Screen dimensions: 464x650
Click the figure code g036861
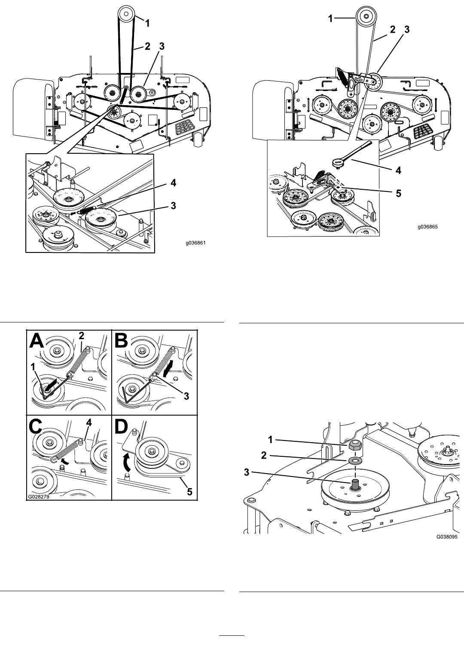click(196, 243)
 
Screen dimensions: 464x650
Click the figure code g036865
click(428, 227)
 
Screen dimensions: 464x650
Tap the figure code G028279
click(39, 496)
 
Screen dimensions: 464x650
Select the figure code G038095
click(447, 537)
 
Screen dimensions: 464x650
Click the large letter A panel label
click(37, 340)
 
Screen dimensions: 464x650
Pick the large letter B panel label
click(122, 340)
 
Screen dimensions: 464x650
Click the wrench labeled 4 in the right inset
click(351, 154)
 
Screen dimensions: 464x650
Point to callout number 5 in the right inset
click(398, 193)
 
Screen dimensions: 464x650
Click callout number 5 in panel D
click(189, 492)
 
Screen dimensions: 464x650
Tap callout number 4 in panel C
click(89, 422)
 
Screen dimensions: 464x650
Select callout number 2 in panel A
click(82, 336)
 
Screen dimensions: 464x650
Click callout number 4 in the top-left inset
click(173, 183)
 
